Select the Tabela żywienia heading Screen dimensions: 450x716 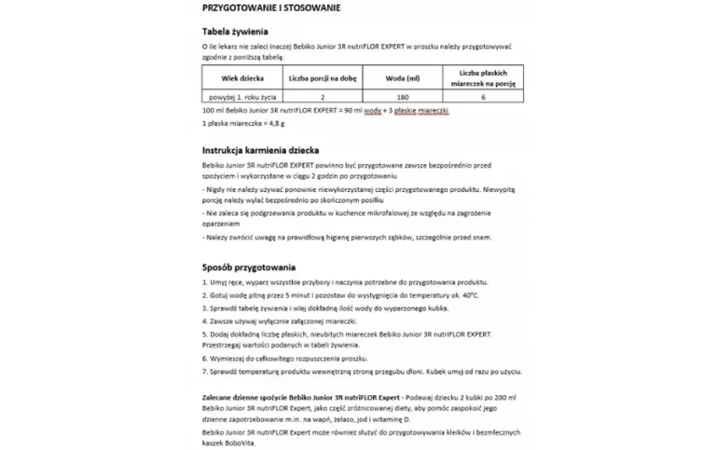tap(232, 31)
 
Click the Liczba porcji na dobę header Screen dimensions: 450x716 tap(322, 77)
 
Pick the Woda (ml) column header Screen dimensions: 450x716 tap(403, 77)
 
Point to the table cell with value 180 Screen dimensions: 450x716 tap(403, 97)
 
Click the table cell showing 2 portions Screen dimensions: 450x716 tap(322, 97)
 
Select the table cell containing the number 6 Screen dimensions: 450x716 tap(483, 97)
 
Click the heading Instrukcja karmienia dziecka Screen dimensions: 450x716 tap(260, 149)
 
